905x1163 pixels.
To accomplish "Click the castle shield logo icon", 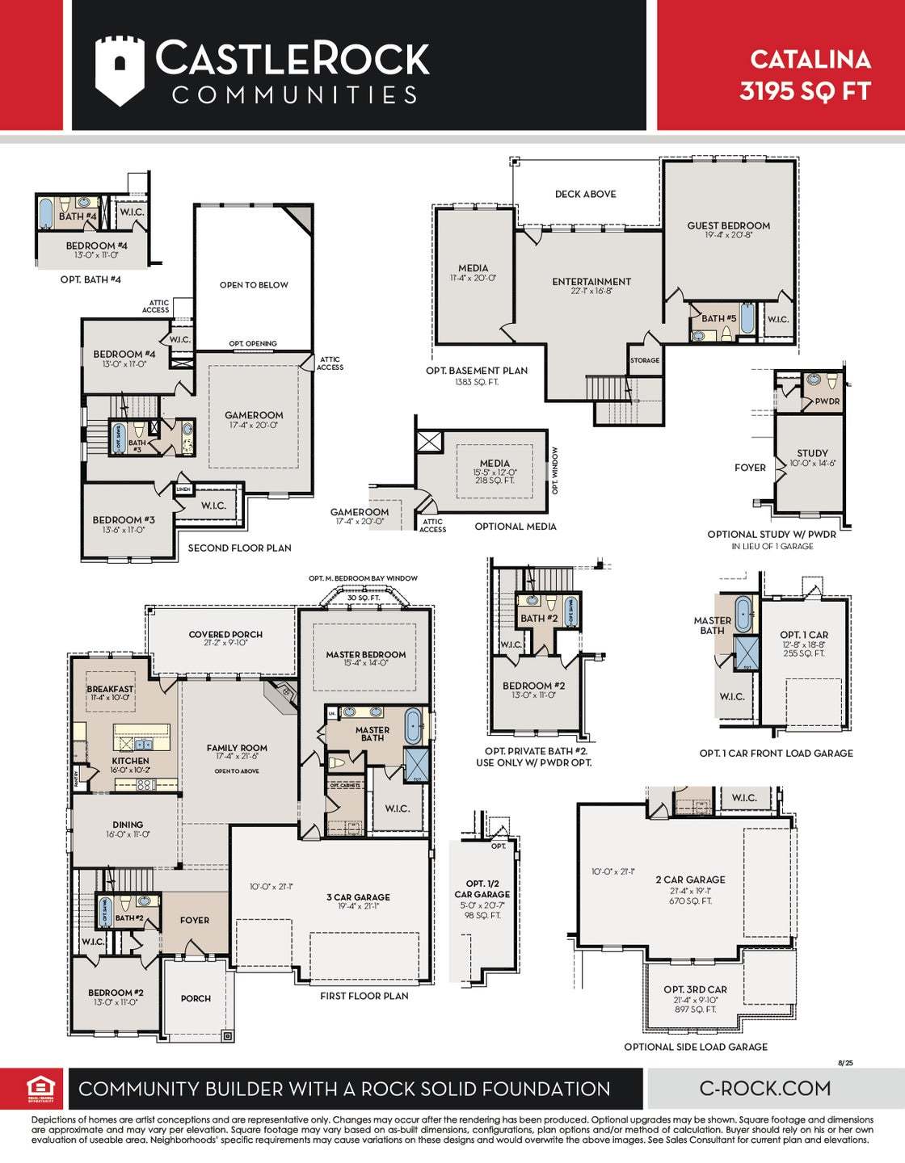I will [120, 70].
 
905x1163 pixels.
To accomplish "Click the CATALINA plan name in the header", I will [810, 59].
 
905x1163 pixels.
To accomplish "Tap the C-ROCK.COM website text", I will [764, 1088].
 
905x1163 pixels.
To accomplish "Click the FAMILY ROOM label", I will [237, 748].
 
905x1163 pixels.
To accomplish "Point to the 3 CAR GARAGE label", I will [358, 896].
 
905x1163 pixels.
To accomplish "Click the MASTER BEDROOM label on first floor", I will [366, 654].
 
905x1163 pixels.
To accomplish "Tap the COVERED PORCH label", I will [225, 634].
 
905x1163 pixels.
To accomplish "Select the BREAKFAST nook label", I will [111, 689].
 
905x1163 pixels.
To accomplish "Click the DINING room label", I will [128, 825].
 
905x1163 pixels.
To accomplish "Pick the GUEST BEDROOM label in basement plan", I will [728, 225].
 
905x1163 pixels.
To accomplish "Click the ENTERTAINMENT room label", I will [591, 281].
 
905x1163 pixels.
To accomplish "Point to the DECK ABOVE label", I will [585, 194].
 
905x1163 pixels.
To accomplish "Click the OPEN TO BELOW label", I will [254, 285].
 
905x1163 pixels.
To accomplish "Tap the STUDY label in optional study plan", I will [812, 453].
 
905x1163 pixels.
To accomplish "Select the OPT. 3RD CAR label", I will [695, 989].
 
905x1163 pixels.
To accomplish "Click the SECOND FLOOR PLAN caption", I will [239, 548].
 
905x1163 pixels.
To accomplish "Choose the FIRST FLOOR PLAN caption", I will [364, 996].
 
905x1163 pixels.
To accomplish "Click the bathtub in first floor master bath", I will [413, 726].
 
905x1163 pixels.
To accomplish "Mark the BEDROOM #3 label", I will [124, 520].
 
